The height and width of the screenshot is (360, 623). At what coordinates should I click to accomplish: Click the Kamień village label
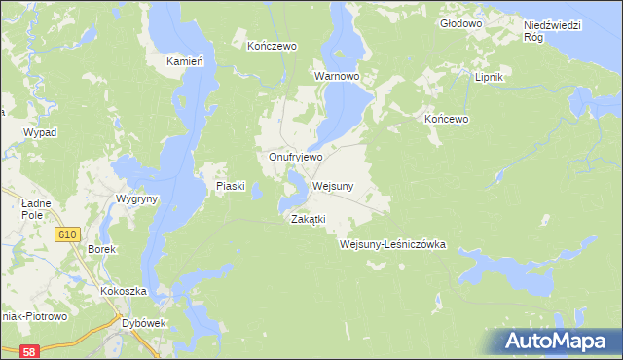tap(184, 61)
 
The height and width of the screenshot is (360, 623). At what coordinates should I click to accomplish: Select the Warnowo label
tap(338, 75)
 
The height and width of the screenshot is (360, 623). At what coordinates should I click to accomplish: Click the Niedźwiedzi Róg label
tap(552, 30)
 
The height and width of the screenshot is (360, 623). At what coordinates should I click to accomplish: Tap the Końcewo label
tap(447, 119)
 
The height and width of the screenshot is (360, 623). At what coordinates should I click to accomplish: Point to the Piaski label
tap(229, 186)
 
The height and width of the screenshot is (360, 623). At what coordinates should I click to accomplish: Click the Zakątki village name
tap(308, 220)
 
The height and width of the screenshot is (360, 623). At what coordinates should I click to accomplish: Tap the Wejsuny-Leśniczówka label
tap(392, 245)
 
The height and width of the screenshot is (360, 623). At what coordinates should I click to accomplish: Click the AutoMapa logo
tap(558, 340)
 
